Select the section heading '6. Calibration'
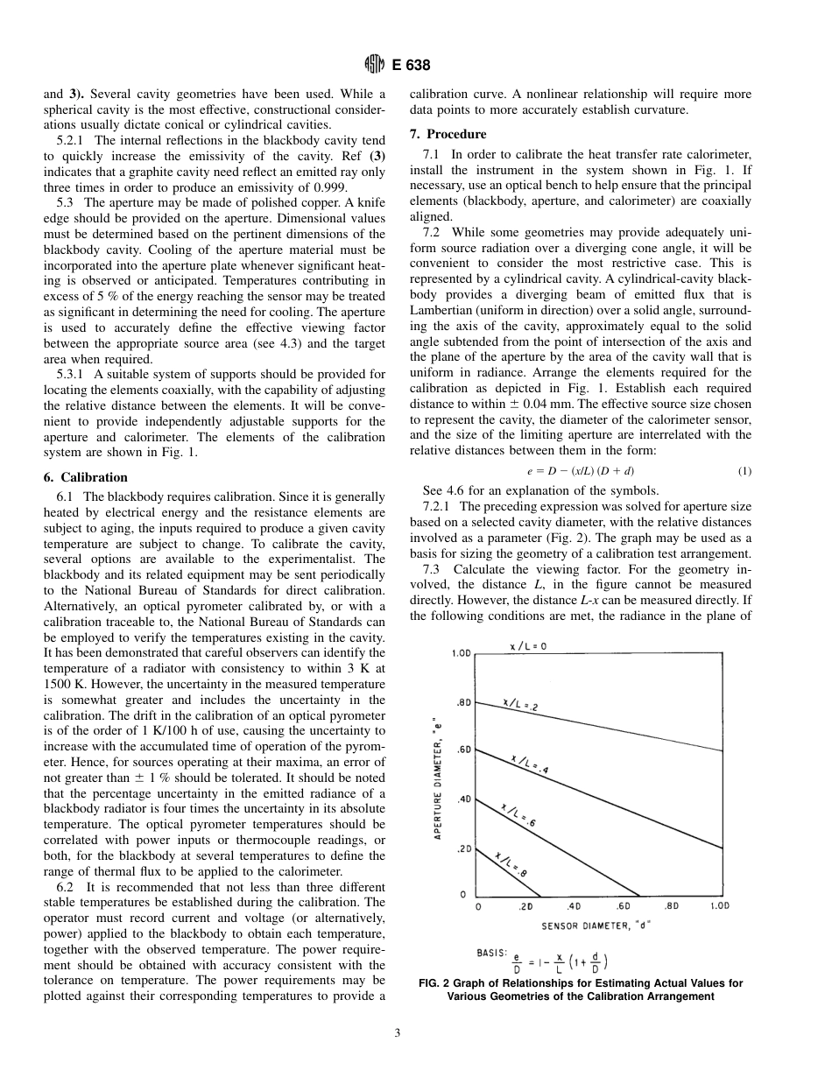coord(85,477)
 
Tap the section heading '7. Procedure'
coord(448,134)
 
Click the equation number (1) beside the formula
coord(744,471)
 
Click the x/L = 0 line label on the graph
coord(529,646)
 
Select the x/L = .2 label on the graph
coord(520,706)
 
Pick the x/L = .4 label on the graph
coord(529,763)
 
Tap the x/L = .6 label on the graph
coord(518,815)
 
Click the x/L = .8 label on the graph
coord(511,865)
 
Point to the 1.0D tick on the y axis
coord(462,653)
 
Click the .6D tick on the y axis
coord(463,750)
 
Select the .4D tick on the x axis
coord(575,906)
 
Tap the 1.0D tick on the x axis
coord(719,906)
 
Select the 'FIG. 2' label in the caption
coord(437,983)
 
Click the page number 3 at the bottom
coord(397,1033)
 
